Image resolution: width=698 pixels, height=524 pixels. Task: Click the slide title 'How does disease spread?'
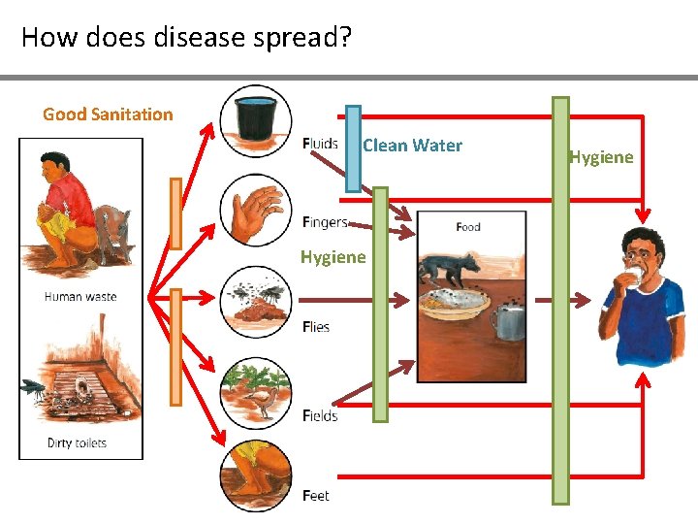point(186,38)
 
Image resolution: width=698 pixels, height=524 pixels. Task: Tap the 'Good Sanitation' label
point(108,115)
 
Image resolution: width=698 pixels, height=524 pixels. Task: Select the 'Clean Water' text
point(412,146)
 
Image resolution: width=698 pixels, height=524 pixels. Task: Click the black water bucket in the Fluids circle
point(255,118)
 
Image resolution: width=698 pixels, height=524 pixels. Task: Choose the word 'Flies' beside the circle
point(316,327)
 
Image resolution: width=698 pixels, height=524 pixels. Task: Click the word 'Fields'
point(319,415)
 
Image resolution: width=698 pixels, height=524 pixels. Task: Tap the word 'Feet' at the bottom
point(316,496)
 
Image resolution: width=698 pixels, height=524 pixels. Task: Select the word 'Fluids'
point(320,144)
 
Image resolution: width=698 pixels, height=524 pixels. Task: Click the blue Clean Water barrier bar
point(353,148)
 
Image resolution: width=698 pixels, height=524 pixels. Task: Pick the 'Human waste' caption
point(80,297)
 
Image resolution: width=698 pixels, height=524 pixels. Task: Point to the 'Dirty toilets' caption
point(77,443)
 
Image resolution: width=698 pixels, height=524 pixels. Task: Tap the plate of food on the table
point(454,303)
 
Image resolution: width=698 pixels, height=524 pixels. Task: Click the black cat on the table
point(448,267)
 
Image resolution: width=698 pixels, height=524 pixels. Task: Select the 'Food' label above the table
point(468,227)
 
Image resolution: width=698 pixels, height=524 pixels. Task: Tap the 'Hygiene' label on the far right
point(601,157)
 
